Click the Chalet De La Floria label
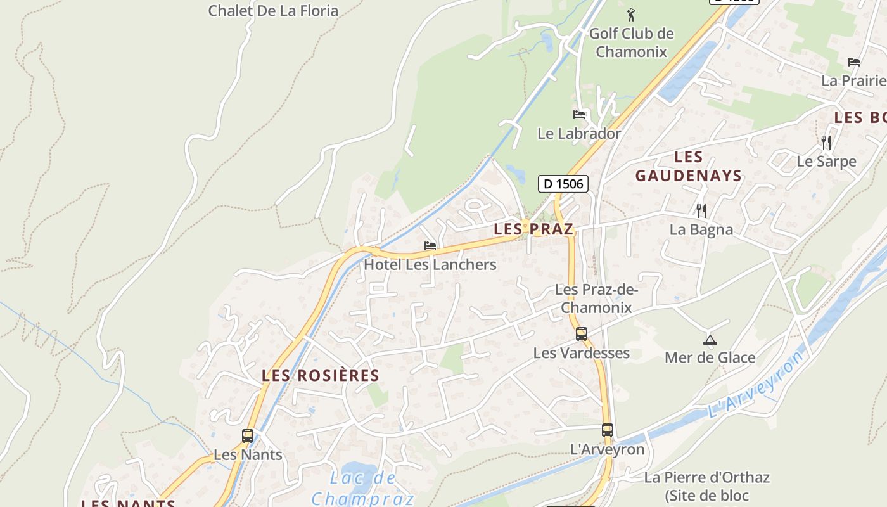point(273,11)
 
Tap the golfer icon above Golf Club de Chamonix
point(631,14)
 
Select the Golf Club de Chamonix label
point(631,42)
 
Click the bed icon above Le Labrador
point(579,115)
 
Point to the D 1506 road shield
point(563,184)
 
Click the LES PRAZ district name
point(533,229)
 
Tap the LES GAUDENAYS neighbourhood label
point(689,166)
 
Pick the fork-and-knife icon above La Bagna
point(701,210)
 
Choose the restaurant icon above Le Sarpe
point(826,142)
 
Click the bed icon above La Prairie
point(854,62)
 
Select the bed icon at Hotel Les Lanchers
point(430,246)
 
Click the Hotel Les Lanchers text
point(430,264)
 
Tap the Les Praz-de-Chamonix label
point(596,298)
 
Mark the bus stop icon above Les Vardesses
point(582,334)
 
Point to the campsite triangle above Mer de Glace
point(710,340)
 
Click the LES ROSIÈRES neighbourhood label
point(321,375)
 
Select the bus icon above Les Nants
point(248,436)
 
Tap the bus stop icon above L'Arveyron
point(608,430)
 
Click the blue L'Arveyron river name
point(755,383)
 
